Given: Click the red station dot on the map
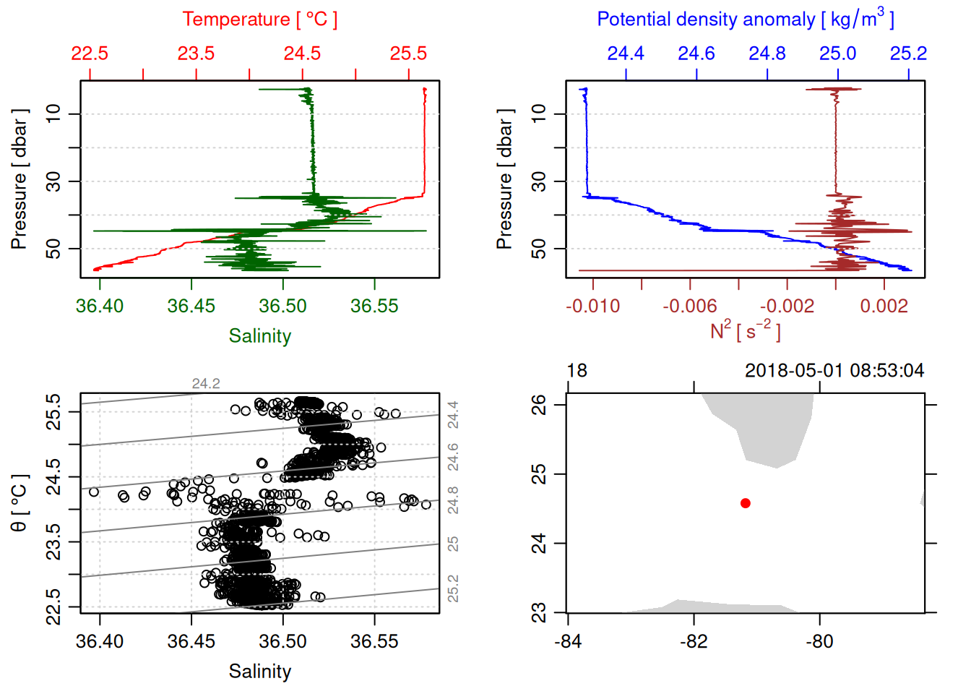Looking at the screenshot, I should (x=746, y=503).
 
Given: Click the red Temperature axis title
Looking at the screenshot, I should (x=259, y=20).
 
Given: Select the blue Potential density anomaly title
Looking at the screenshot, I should (x=745, y=19).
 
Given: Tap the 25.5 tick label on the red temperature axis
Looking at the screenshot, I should (x=408, y=53).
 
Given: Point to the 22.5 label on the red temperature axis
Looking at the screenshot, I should (x=90, y=53).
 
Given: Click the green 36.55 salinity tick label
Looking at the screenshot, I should (x=374, y=306).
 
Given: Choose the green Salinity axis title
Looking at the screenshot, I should (x=259, y=336).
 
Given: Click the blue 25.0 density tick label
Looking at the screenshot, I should (x=837, y=53).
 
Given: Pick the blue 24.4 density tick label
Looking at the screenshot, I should (x=626, y=53).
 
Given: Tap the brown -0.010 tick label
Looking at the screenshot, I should (x=593, y=306).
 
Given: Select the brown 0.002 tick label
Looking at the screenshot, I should (x=884, y=306).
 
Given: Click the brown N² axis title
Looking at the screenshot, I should (x=745, y=330).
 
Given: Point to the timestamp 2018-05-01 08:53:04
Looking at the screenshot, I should (x=834, y=371).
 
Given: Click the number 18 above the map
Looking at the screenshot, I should (x=577, y=371).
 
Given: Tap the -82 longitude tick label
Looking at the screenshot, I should (x=694, y=641).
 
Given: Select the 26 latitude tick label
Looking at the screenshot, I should (x=539, y=405).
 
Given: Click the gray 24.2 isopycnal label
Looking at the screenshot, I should (x=206, y=384).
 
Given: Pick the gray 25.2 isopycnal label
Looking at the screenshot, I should (x=453, y=588).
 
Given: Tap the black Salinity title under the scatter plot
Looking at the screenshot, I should (x=259, y=672).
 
